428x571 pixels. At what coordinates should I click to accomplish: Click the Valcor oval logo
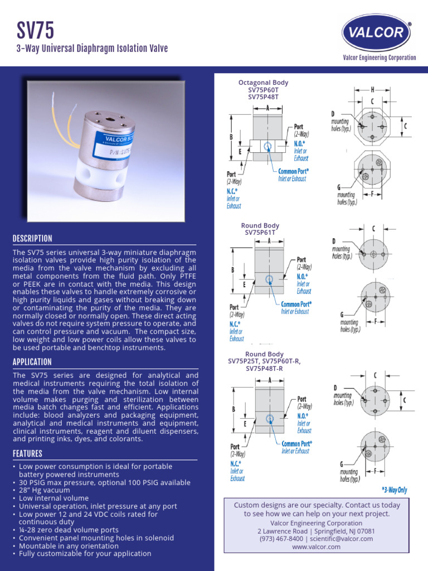pos(376,32)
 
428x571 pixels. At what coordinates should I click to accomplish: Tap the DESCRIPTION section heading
pos(32,239)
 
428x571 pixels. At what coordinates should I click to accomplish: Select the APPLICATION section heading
pos(32,362)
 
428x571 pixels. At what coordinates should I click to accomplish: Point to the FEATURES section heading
pos(27,454)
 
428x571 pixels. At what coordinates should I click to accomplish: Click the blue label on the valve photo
pos(117,143)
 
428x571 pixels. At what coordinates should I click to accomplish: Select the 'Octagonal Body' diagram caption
pos(263,83)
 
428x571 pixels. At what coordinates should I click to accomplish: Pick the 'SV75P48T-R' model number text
pos(264,368)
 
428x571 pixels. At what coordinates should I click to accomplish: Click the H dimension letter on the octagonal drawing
pos(372,89)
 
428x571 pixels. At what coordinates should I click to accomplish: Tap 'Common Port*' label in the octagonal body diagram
pos(293,171)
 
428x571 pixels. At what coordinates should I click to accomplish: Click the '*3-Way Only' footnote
pos(394,490)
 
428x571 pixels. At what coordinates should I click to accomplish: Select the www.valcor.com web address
pos(316,547)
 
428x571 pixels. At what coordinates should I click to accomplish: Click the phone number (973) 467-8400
pos(281,539)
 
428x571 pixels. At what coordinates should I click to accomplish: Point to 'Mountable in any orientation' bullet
pos(69,546)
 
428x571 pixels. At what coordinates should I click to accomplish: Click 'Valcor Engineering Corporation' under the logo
pos(379,57)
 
